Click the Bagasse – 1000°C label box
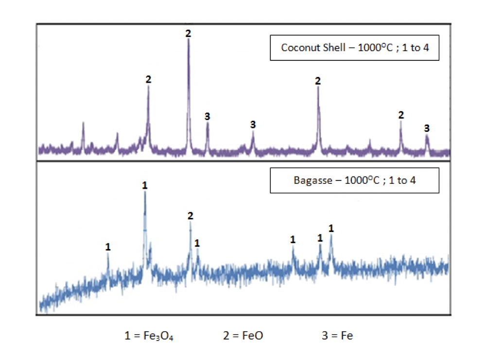[355, 180]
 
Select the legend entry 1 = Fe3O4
[149, 336]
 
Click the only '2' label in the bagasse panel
[190, 216]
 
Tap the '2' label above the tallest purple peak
[189, 34]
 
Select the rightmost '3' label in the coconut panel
[427, 128]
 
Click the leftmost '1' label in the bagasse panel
[108, 247]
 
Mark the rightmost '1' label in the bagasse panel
[331, 228]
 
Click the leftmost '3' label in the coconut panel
[208, 116]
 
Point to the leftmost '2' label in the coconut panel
[148, 79]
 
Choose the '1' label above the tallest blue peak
[145, 185]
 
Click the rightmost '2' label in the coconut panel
[401, 115]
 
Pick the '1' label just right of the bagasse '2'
[197, 243]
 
